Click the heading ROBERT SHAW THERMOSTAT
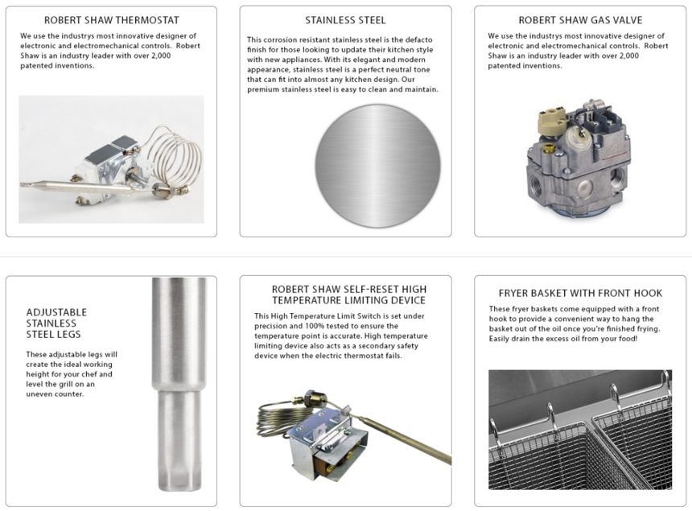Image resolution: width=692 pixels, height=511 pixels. [x=112, y=20]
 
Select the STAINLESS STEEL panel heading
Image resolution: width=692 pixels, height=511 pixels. [x=345, y=20]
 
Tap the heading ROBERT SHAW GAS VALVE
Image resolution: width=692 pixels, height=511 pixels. [x=580, y=20]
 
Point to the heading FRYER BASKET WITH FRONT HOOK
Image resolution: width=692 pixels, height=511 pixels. [x=580, y=293]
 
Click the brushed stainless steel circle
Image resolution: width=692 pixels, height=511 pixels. [x=377, y=166]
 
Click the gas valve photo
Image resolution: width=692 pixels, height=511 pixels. [x=578, y=159]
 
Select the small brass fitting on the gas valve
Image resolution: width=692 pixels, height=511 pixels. [x=549, y=148]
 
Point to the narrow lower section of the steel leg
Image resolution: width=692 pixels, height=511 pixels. [x=179, y=440]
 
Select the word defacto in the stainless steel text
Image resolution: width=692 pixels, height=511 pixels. [x=418, y=39]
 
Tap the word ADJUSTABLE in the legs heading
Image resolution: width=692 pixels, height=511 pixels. [x=56, y=312]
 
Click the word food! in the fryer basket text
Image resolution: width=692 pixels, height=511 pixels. [x=628, y=339]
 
